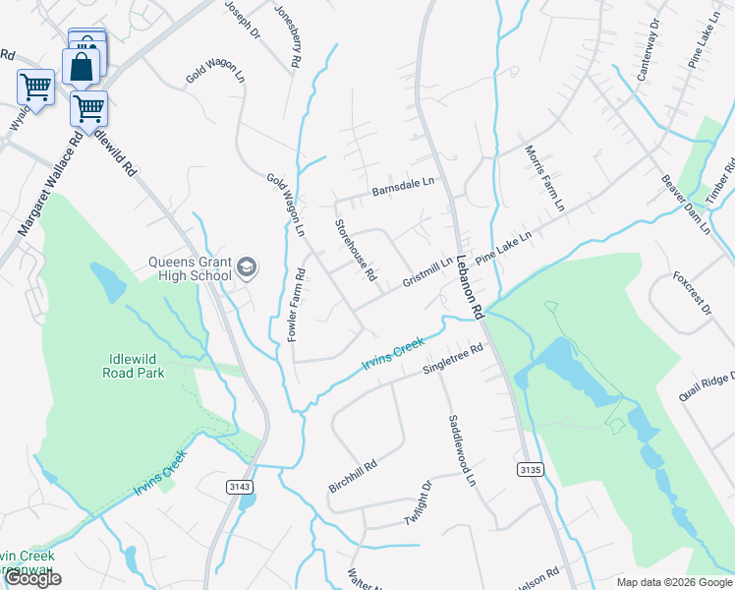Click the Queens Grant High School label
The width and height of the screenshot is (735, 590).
point(190,268)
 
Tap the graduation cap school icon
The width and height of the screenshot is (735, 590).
point(247,266)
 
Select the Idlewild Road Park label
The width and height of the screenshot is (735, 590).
point(134,366)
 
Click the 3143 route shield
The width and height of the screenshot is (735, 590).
point(238,486)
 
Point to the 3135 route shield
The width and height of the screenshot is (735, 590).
point(529,470)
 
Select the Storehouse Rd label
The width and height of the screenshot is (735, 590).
point(356,250)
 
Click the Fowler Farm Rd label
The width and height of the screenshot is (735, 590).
point(296,305)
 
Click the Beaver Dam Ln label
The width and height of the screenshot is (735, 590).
point(685,204)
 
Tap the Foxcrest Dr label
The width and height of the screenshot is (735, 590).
point(691,292)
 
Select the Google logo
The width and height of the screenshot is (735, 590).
point(32,578)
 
